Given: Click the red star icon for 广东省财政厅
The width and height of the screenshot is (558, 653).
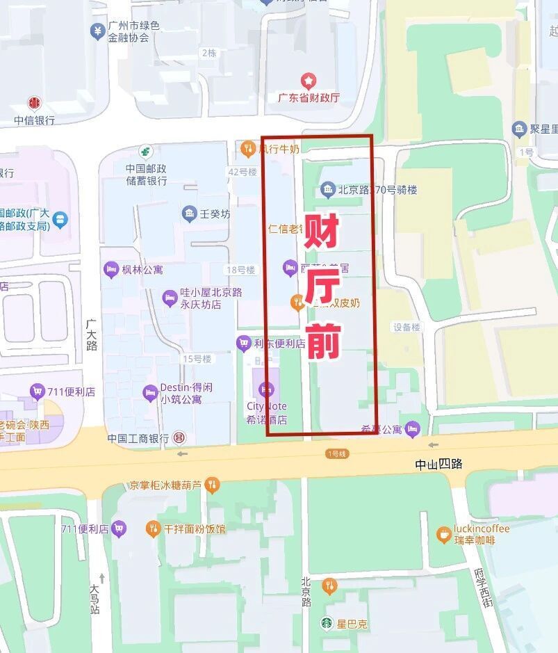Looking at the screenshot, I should [x=307, y=81].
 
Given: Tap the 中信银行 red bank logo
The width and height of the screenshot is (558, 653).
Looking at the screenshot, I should [x=34, y=103].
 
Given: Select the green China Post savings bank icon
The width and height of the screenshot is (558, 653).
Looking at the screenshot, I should [x=146, y=150].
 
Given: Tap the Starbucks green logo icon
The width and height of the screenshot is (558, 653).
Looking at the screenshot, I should [x=327, y=623].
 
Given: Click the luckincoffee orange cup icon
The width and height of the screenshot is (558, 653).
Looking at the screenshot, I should [x=443, y=534].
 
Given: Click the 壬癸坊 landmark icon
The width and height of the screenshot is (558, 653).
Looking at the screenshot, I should [x=188, y=213].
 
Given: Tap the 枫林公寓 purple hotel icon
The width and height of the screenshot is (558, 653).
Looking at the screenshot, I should [x=110, y=268].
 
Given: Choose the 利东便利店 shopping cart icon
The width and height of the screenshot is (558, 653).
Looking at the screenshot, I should [x=243, y=343].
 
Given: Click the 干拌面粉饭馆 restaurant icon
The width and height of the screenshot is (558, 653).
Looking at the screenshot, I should [x=153, y=529].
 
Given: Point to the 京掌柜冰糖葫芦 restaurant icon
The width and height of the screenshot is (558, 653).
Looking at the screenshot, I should [x=213, y=484].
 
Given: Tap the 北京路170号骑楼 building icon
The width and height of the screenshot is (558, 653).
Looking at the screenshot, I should [x=327, y=189].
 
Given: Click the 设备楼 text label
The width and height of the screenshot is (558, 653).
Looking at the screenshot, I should [x=407, y=327].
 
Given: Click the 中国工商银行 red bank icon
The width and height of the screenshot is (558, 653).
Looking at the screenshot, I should [x=179, y=438].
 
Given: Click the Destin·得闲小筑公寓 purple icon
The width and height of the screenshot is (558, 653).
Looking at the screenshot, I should [x=150, y=393].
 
